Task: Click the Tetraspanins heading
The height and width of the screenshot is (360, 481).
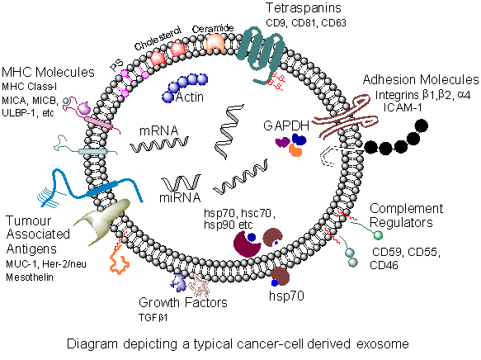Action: [304, 8]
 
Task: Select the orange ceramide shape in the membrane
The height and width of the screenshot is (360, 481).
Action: [215, 44]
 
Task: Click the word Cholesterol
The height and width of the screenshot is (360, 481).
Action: [158, 38]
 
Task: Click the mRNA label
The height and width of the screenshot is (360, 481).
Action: [158, 130]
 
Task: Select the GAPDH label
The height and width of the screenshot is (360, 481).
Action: [286, 126]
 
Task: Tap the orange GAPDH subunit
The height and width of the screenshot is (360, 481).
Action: [295, 150]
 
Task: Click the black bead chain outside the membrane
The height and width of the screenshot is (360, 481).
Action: [396, 138]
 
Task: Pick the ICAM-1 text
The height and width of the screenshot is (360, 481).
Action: [403, 107]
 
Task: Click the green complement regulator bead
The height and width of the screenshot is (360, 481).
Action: [378, 235]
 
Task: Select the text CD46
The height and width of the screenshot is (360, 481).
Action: [384, 265]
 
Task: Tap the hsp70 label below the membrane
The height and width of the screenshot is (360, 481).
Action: [286, 296]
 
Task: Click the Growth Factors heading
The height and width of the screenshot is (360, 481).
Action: [183, 302]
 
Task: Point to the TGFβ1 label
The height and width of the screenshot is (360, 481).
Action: [153, 318]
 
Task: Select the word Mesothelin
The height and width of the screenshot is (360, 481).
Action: [30, 277]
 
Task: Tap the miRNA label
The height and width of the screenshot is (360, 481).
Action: [180, 197]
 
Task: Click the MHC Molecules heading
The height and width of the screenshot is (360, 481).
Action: [48, 73]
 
